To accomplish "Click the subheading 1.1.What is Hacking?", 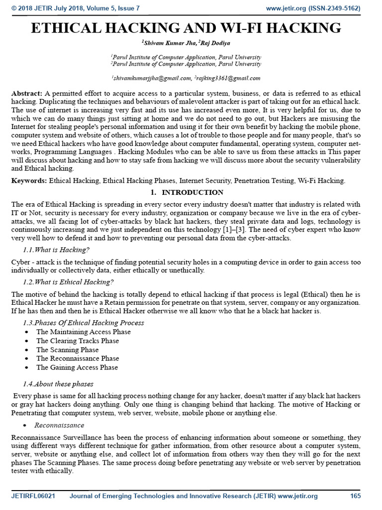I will tap(56, 249).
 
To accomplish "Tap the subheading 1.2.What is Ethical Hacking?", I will tap(69, 282).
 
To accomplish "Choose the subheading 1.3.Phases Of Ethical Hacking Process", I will tap(84, 322).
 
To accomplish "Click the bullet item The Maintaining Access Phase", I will tap(83, 332).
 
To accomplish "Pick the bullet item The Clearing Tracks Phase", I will tap(78, 341).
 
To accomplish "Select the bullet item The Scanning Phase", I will tap(67, 350).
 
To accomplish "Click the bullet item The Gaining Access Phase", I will tap(77, 368).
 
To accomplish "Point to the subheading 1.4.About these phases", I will tap(58, 384).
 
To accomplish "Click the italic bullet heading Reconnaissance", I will tap(59, 425).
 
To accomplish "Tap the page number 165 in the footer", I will tap(355, 496).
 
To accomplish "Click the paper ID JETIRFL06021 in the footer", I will tap(33, 496).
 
